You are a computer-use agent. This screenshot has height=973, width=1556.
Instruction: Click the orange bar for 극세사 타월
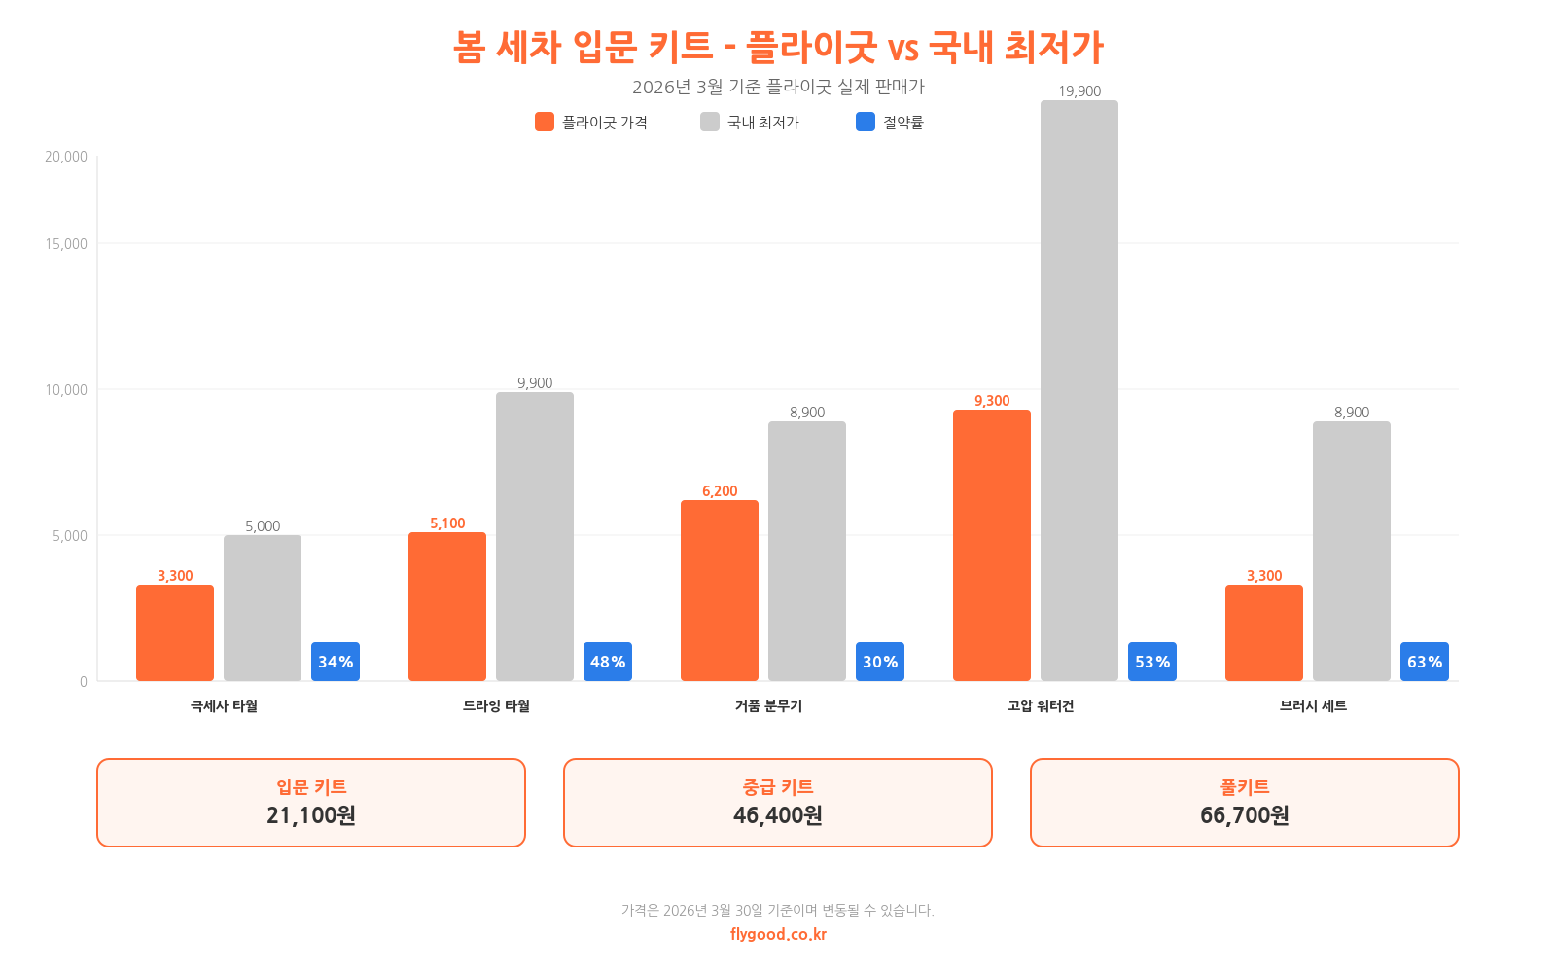[175, 632]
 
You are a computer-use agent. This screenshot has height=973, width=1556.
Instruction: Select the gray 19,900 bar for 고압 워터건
[1079, 389]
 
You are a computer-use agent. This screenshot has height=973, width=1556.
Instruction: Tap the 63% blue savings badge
[1425, 662]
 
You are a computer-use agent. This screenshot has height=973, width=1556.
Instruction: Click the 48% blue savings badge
[608, 662]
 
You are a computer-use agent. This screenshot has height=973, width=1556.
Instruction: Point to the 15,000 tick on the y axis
[66, 244]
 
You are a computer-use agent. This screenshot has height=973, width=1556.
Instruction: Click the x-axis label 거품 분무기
[768, 706]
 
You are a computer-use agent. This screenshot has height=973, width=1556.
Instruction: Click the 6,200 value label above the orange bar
[720, 491]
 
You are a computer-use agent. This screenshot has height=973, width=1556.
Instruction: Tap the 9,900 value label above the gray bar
[535, 383]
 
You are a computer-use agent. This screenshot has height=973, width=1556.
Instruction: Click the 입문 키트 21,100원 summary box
[311, 803]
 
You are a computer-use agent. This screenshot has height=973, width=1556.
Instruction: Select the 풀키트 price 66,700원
[1245, 815]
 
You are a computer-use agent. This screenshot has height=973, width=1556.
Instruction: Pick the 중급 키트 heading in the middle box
[778, 787]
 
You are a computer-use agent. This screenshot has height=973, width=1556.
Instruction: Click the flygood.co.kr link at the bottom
[778, 934]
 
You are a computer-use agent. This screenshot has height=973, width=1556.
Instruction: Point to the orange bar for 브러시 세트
[1264, 632]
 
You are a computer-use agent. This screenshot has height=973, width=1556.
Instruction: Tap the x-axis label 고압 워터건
[1041, 706]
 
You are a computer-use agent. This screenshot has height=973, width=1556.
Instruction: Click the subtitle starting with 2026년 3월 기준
[778, 87]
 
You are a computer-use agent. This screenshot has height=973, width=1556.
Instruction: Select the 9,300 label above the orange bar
[992, 401]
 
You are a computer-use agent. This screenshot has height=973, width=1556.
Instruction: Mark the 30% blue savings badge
[880, 662]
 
